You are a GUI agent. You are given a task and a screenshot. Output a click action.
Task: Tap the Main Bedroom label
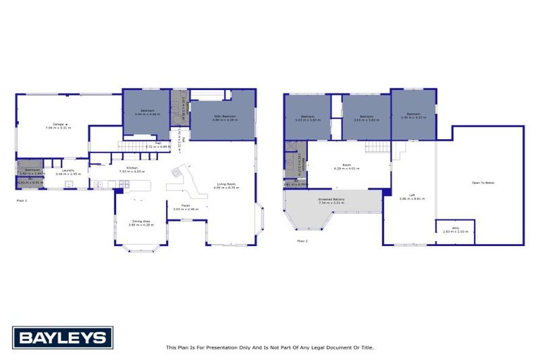[x=224, y=116]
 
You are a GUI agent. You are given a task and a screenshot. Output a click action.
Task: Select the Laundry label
[x=68, y=170]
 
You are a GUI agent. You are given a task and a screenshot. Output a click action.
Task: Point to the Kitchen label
[x=131, y=168]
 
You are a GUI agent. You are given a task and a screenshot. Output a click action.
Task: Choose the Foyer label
[x=186, y=205]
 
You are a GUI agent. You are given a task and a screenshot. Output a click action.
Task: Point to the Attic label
[x=455, y=228]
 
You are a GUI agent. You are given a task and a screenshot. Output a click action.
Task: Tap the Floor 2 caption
[x=302, y=240]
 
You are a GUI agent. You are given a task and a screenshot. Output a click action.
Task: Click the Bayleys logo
[x=62, y=337]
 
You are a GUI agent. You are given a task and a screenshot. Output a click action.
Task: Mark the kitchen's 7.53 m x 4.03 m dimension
[x=131, y=172]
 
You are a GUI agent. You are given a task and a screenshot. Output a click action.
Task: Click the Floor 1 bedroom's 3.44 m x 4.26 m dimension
[x=147, y=115]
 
